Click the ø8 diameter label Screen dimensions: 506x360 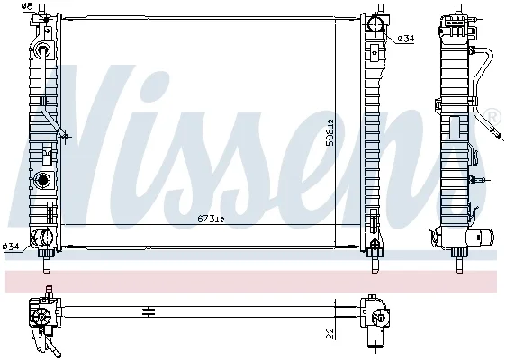point(27,5)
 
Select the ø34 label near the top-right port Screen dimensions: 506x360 point(406,39)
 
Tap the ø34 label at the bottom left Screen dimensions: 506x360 point(10,247)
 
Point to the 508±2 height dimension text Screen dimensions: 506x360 point(330,132)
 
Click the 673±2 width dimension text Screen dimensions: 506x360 point(211,220)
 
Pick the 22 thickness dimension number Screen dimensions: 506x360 point(330,333)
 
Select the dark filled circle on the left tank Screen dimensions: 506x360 point(42,180)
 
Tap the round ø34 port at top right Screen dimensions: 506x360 point(376,23)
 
